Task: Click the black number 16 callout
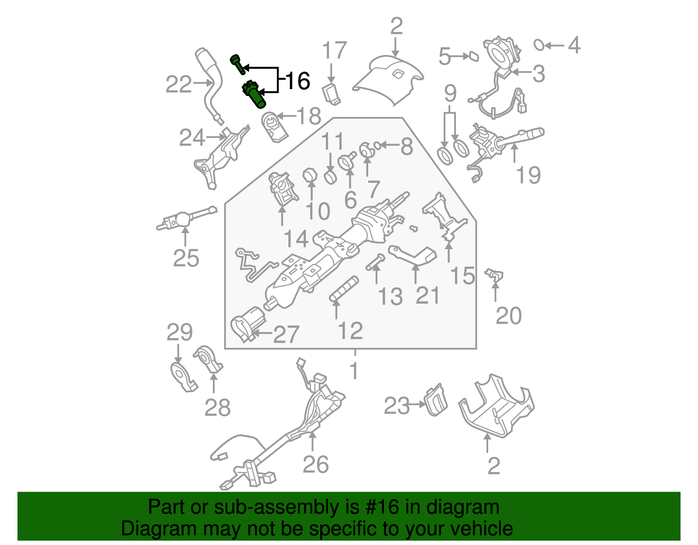298,81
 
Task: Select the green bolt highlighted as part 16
238,65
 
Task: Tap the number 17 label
334,51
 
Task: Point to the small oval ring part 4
539,45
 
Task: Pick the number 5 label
445,57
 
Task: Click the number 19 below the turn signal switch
528,175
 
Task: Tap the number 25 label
186,258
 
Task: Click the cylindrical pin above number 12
344,288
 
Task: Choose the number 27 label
286,334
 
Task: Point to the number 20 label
508,315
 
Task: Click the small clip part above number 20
494,275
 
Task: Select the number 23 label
397,406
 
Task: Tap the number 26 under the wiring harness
315,464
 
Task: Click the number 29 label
179,332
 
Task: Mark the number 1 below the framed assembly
354,371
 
